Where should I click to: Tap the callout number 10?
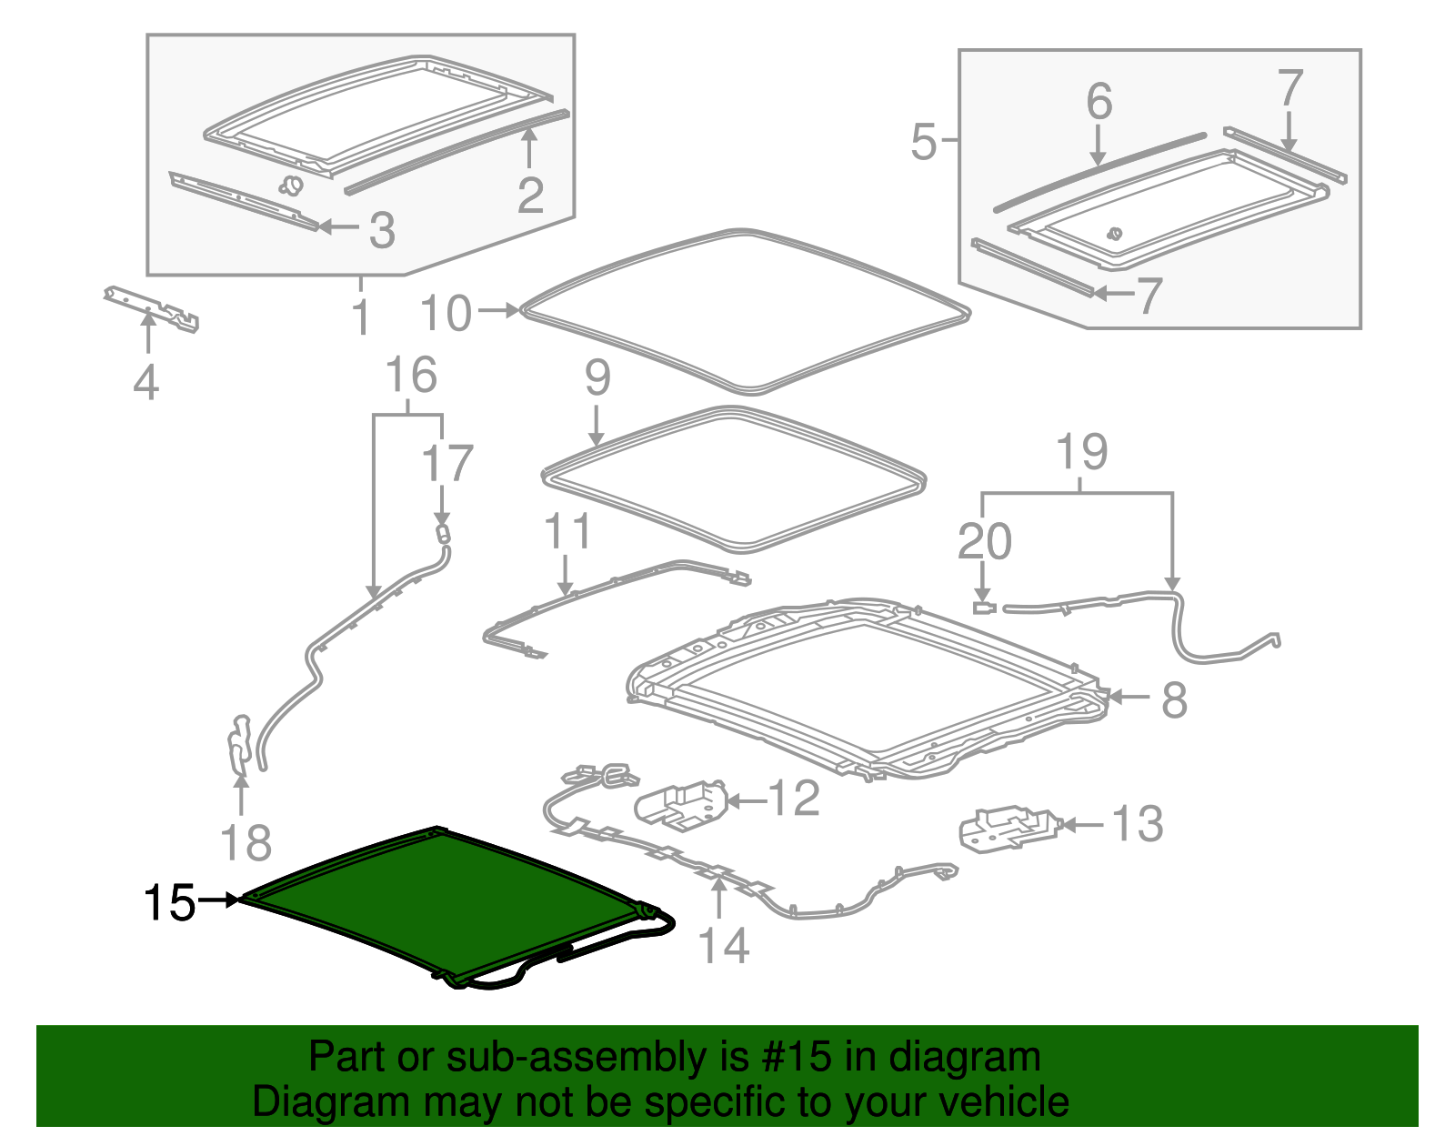coord(446,313)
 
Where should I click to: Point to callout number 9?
coord(597,377)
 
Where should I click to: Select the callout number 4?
coord(146,382)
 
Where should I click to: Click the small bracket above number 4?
coord(151,309)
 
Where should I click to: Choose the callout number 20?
coord(984,541)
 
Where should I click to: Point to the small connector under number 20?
coord(984,608)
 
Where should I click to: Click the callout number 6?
coord(1099,102)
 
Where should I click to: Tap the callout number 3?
coord(382,229)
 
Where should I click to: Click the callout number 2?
coord(530,195)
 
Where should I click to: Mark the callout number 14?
coord(723,945)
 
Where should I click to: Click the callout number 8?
coord(1174,699)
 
